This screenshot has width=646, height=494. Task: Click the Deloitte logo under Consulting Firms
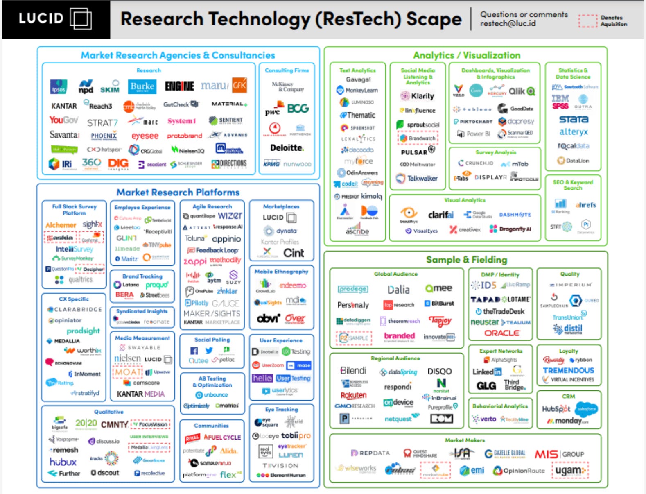click(x=287, y=148)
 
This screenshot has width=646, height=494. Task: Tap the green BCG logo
click(x=298, y=109)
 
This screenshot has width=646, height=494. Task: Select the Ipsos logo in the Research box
click(x=59, y=87)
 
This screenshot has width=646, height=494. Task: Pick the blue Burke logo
click(x=142, y=86)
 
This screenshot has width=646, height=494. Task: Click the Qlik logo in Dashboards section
click(x=521, y=91)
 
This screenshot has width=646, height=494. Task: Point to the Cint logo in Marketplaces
click(x=294, y=253)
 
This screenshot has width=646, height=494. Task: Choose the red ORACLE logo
click(x=502, y=333)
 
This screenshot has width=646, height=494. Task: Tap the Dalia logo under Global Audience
click(x=398, y=290)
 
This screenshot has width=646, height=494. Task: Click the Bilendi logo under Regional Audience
click(x=353, y=371)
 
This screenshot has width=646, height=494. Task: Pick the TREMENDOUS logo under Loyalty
click(x=568, y=370)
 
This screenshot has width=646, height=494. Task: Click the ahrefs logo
click(x=585, y=205)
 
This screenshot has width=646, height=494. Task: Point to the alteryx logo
click(x=574, y=132)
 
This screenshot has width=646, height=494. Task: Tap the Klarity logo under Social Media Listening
click(x=418, y=96)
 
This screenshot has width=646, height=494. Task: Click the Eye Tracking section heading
click(x=281, y=409)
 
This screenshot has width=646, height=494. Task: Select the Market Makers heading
click(x=465, y=440)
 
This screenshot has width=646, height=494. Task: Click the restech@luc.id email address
click(x=508, y=24)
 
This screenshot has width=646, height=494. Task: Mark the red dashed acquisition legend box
click(x=588, y=21)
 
